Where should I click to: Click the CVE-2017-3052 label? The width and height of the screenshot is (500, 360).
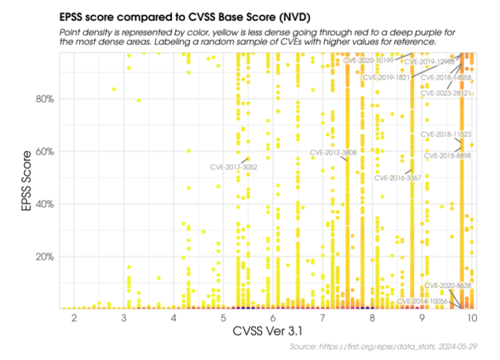tap(234, 167)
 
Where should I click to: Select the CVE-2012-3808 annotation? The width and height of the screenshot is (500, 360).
tap(333, 152)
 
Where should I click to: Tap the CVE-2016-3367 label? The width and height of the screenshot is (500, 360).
tap(398, 177)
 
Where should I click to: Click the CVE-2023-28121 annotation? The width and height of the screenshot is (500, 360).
tap(445, 93)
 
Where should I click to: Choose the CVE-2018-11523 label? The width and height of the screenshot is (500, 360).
tap(446, 134)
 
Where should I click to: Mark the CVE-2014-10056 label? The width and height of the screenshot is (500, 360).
tap(422, 301)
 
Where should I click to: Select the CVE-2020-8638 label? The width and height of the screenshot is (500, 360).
tap(447, 286)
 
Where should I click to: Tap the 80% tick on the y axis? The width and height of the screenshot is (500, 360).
tap(43, 99)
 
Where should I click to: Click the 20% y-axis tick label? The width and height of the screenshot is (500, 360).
tap(43, 256)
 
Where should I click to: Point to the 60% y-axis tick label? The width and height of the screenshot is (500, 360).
tap(43, 152)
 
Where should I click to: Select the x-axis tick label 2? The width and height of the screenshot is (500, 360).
tap(74, 318)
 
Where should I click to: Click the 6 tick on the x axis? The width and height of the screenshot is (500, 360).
tap(273, 318)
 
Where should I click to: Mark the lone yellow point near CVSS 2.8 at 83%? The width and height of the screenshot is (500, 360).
tap(114, 89)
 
